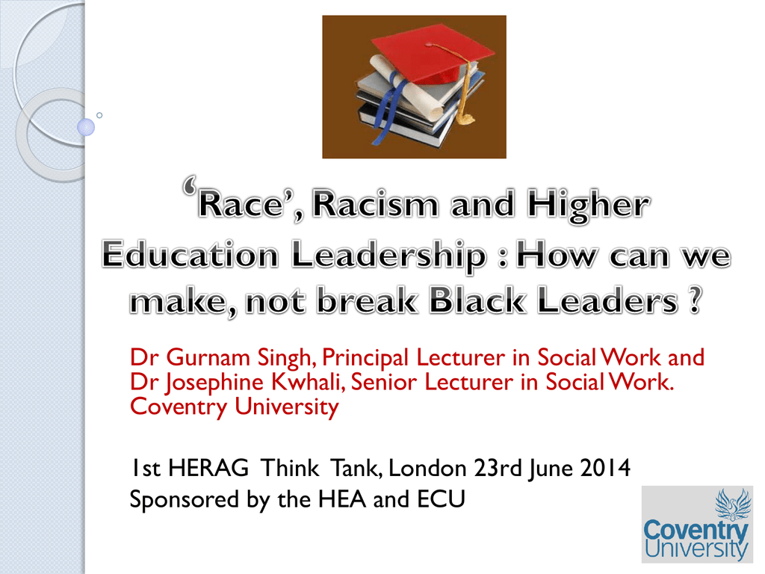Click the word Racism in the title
pyautogui.click(x=376, y=205)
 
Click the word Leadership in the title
pyautogui.click(x=389, y=256)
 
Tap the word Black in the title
pyautogui.click(x=477, y=300)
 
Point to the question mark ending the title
pyautogui.click(x=696, y=300)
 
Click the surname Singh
pyautogui.click(x=284, y=358)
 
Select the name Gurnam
pyautogui.click(x=208, y=357)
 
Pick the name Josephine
pyautogui.click(x=214, y=383)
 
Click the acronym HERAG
pyautogui.click(x=208, y=468)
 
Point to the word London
pyautogui.click(x=427, y=469)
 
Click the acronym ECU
pyautogui.click(x=441, y=499)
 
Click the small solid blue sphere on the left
pyautogui.click(x=86, y=127)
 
